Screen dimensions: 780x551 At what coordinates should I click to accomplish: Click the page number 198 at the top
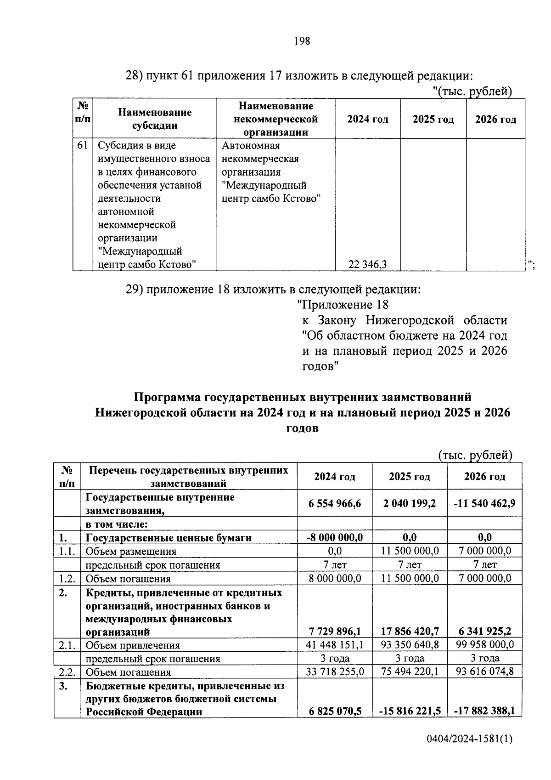click(x=302, y=41)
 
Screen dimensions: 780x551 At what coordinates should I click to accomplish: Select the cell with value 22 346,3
click(x=367, y=264)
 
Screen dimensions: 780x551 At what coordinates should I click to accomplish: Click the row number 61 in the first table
click(x=82, y=146)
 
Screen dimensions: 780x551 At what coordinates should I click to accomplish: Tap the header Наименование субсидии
click(x=155, y=119)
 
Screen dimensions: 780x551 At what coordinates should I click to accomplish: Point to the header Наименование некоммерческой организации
click(x=275, y=119)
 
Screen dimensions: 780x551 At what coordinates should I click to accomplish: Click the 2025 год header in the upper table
click(x=433, y=120)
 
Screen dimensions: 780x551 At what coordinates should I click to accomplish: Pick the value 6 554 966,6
click(x=335, y=503)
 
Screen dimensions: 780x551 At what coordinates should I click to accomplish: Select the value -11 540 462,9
click(x=484, y=503)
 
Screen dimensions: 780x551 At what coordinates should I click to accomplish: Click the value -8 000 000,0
click(x=335, y=537)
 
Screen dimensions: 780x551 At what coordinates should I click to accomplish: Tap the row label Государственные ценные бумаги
click(x=169, y=537)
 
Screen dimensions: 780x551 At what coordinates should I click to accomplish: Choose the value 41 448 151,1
click(x=335, y=645)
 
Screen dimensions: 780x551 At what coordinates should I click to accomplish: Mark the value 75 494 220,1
click(x=410, y=672)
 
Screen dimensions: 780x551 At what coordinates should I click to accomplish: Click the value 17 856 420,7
click(x=410, y=632)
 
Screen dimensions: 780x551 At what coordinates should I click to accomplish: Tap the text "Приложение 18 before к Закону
click(x=343, y=305)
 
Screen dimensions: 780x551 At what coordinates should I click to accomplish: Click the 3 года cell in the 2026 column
click(x=484, y=658)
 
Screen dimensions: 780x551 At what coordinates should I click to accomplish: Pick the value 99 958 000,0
click(x=484, y=645)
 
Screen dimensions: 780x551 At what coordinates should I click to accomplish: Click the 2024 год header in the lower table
click(x=335, y=476)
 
